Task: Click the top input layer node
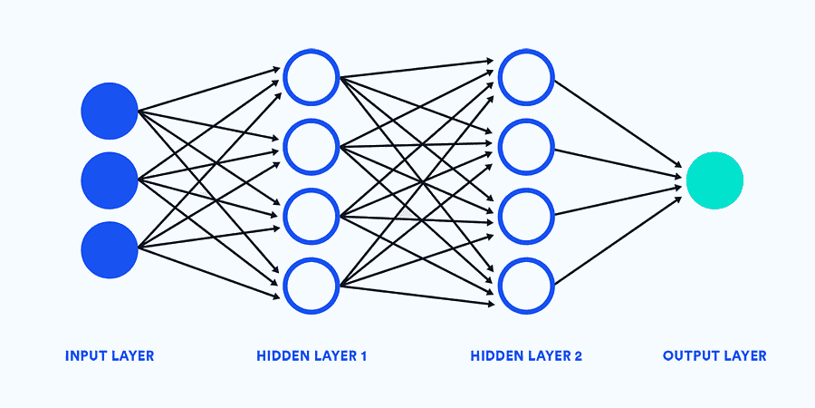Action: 109,111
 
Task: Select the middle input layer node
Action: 109,180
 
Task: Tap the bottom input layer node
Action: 109,248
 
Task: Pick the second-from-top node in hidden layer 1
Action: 311,145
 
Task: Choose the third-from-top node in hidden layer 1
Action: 311,215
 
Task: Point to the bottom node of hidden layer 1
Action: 311,285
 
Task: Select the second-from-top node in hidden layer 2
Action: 525,145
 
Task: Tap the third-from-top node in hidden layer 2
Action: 525,215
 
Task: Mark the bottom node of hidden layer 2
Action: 525,285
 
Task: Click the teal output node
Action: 714,180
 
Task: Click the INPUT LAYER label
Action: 110,355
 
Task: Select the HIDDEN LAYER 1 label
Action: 312,355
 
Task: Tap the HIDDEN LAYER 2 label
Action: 526,355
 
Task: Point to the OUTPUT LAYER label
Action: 714,355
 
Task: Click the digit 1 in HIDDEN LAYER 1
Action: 363,355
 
